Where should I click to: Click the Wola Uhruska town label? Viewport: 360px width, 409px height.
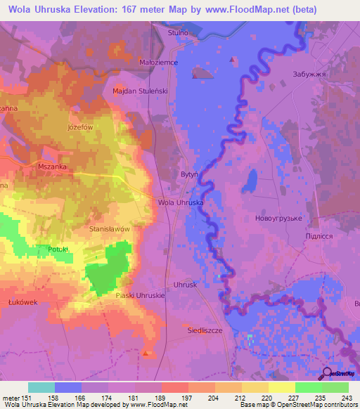pyautogui.click(x=181, y=202)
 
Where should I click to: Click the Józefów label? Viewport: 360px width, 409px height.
pyautogui.click(x=80, y=127)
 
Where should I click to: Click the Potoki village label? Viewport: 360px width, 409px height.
pyautogui.click(x=58, y=249)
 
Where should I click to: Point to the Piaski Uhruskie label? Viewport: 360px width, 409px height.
pyautogui.click(x=141, y=296)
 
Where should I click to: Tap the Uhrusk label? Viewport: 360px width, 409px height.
pyautogui.click(x=186, y=285)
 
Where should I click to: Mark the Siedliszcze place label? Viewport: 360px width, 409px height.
pyautogui.click(x=205, y=330)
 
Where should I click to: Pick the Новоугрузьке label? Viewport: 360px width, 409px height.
pyautogui.click(x=278, y=219)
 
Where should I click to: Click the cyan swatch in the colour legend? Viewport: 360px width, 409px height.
pyautogui.click(x=41, y=387)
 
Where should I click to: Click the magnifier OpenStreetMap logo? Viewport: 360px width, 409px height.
pyautogui.click(x=328, y=374)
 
